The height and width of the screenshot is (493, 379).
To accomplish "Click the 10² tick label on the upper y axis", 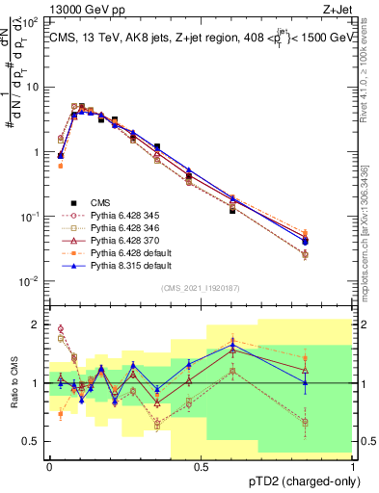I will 31,21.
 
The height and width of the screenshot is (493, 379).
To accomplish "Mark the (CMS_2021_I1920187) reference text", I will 200,289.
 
